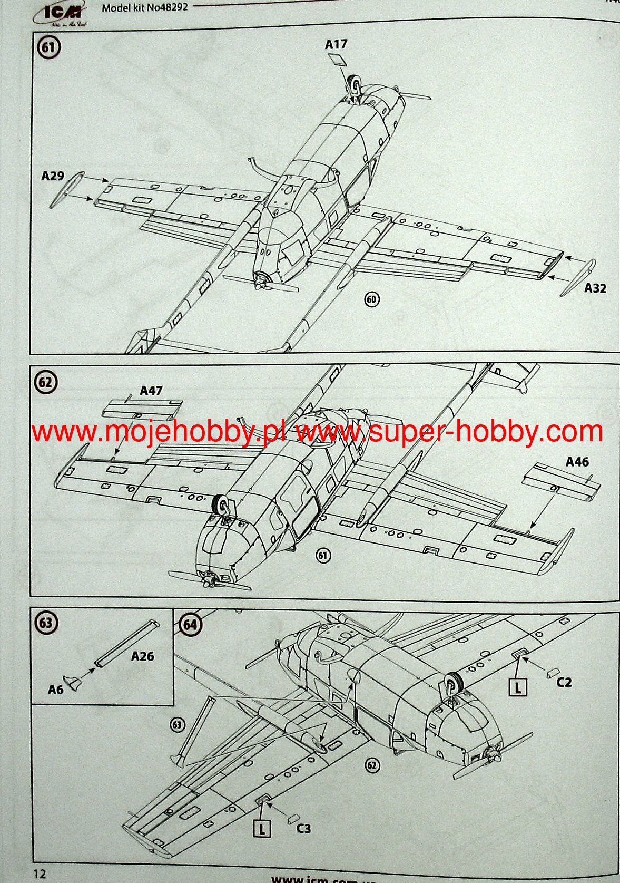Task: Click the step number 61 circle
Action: pos(48,48)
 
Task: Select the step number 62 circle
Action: pos(46,382)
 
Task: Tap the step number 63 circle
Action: pos(46,623)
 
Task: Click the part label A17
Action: pos(336,44)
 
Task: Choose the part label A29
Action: pos(52,176)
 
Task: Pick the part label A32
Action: pos(595,288)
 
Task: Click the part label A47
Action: pos(151,391)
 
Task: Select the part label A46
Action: pos(577,462)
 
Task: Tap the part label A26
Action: pos(142,656)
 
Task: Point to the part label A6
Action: pos(55,690)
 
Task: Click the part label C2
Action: pos(564,682)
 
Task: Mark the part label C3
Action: pos(303,828)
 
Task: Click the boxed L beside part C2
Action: pos(518,687)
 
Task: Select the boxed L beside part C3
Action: pos(262,828)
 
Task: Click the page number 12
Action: pos(40,874)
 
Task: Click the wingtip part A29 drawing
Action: pos(67,189)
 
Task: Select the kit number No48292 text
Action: pos(144,7)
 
